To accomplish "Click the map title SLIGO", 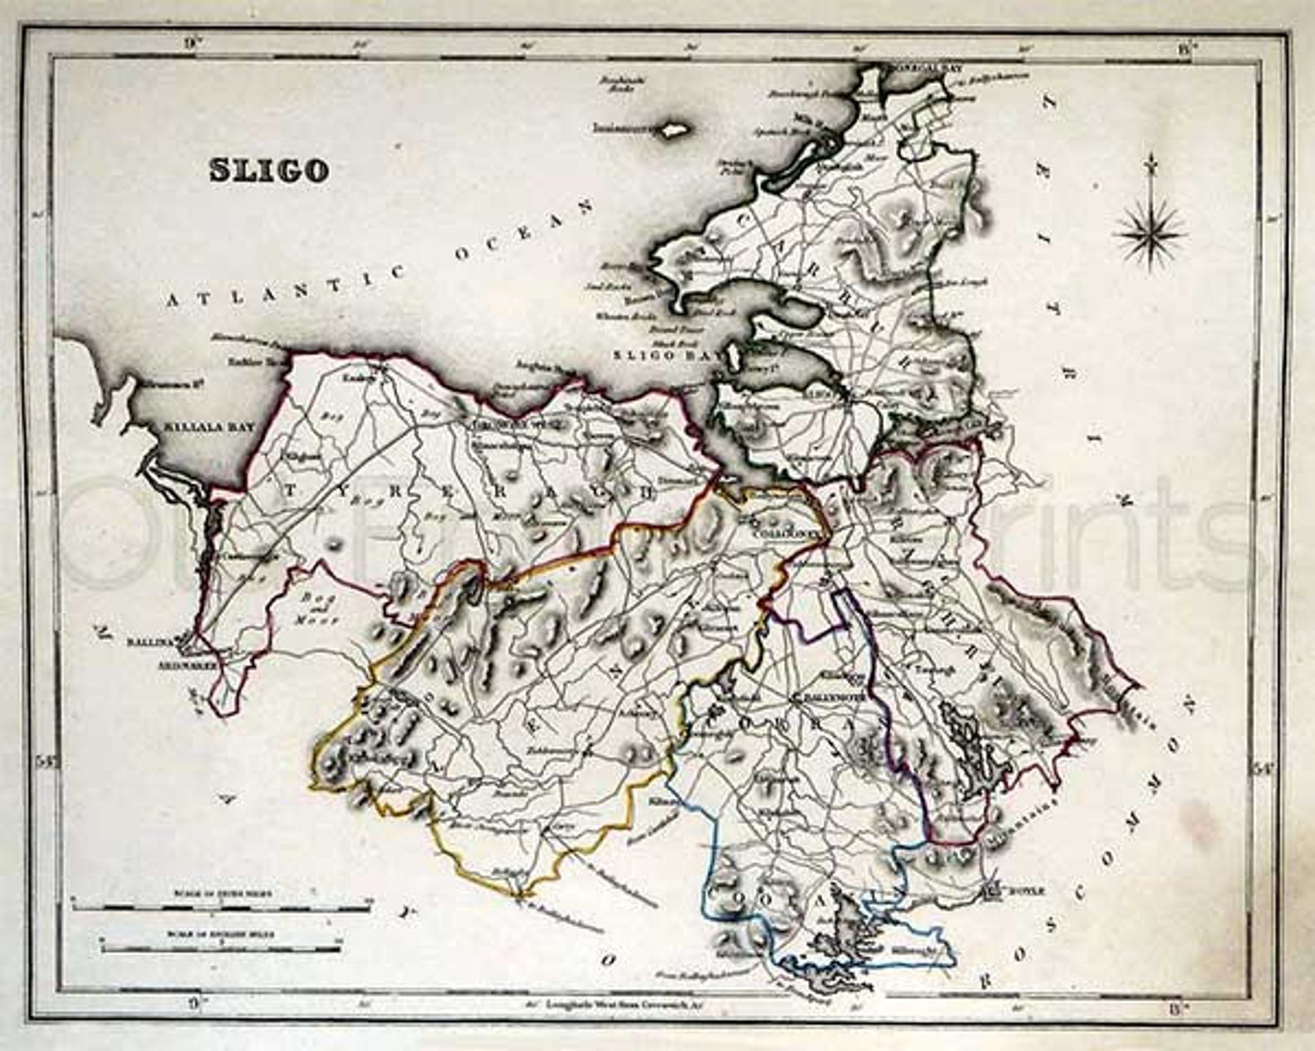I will click(268, 170).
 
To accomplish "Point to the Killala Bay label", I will click(200, 427).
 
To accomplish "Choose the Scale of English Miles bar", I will click(219, 946).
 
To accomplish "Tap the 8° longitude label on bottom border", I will click(1183, 1005).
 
